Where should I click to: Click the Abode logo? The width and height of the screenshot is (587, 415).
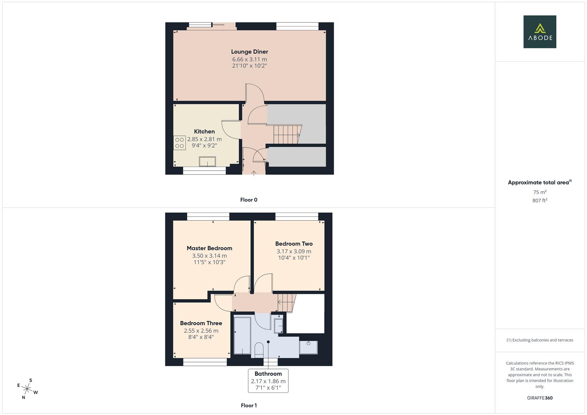pos(540,32)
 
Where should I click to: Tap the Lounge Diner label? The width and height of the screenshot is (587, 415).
pos(249,51)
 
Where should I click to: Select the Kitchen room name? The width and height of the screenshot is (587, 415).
pos(205,131)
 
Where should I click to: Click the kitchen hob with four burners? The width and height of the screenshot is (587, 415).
pos(180,143)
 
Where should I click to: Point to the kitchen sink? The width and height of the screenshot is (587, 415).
pos(207,161)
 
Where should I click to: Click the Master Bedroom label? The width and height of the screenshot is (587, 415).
pos(210,248)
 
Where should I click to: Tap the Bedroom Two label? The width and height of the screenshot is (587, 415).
pos(294,244)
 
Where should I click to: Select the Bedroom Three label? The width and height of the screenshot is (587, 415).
pos(201,323)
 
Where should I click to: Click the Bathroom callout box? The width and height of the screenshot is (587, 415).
pos(268,381)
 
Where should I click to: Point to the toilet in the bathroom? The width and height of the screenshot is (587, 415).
pos(259,350)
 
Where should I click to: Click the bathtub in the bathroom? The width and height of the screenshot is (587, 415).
pos(243,335)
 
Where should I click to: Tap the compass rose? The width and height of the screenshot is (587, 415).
pos(27,389)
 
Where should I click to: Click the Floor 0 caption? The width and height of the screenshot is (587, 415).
pos(249,200)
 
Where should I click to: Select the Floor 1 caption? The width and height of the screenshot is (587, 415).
pos(249,405)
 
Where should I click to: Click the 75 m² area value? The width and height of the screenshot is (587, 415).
pos(540,192)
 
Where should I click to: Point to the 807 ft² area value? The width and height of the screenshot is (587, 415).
pos(540,201)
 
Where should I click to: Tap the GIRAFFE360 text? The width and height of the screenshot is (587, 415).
pos(540,398)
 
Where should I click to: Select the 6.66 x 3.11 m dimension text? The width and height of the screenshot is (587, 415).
pos(249,60)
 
